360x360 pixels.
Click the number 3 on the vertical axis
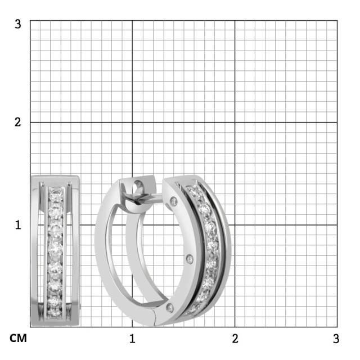tap(18, 24)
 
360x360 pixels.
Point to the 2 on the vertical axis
tap(18, 122)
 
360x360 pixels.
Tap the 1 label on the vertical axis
tap(18, 224)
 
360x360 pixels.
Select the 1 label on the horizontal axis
tap(132, 339)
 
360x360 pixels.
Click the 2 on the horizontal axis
tap(235, 339)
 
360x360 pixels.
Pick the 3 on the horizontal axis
tap(336, 339)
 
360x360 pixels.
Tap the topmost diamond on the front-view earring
tap(55, 192)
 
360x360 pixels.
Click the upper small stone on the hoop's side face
tap(174, 201)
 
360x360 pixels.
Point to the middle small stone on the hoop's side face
tap(190, 258)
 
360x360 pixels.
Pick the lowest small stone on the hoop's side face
tap(170, 307)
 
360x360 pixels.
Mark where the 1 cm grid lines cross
tap(132, 224)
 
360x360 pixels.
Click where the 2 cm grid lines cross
tap(235, 122)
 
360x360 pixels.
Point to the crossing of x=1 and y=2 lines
tap(132, 122)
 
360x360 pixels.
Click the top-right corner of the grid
tap(337, 20)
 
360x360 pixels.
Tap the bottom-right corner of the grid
tap(337, 327)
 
